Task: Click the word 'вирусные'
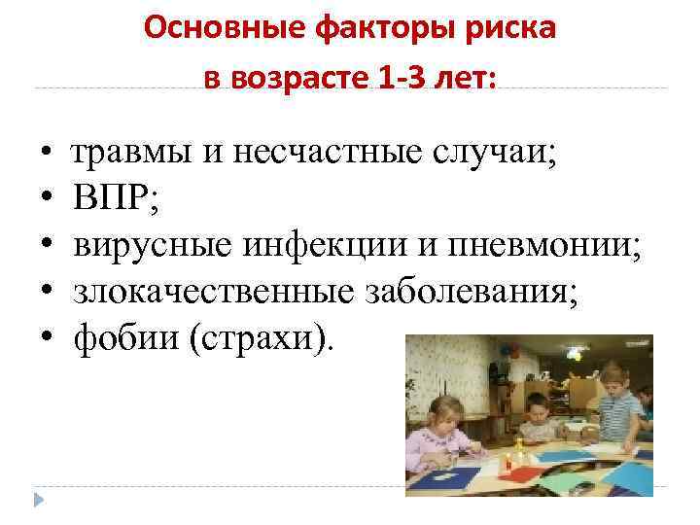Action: (x=146, y=245)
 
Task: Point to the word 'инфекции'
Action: (x=307, y=245)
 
